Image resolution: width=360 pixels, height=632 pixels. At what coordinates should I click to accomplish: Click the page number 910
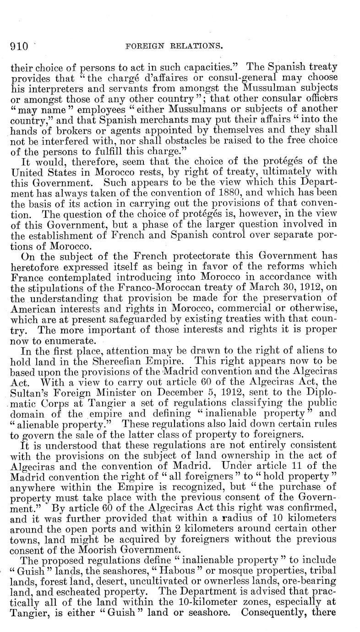19,46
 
